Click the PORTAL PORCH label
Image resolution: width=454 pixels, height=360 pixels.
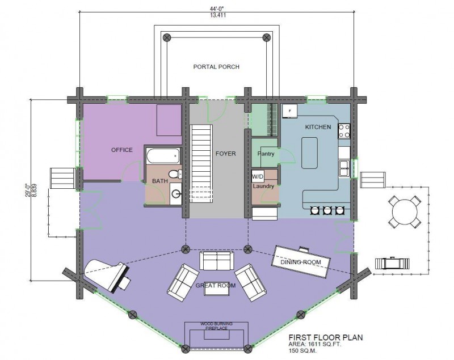coord(216,67)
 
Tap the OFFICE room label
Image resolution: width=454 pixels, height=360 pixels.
coord(121,150)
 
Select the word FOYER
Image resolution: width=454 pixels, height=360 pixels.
coord(225,154)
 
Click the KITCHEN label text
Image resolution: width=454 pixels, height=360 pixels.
coord(318,127)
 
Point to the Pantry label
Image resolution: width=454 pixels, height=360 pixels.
coord(266,154)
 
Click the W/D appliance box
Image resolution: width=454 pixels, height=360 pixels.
coord(258,176)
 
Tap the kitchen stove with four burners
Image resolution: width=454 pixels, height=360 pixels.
coord(344,132)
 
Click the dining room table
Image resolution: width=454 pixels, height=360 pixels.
coord(302,261)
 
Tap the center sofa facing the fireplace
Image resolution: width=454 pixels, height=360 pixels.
coord(216,261)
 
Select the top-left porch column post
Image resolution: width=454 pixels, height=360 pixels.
coord(167,38)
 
